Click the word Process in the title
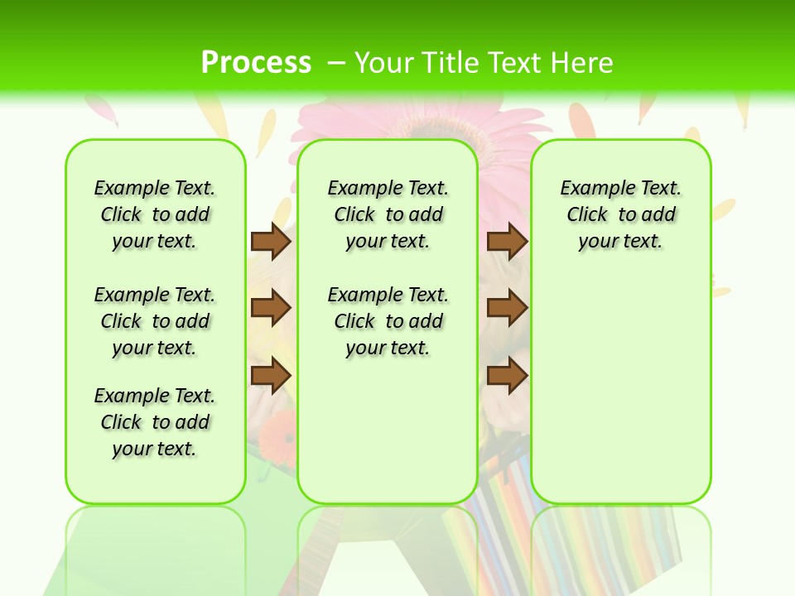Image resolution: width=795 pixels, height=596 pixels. click(256, 62)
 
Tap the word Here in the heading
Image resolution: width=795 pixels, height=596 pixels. click(580, 63)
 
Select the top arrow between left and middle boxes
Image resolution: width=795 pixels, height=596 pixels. click(271, 241)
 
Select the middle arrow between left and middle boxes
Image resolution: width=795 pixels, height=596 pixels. click(271, 308)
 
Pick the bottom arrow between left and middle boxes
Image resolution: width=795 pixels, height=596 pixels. click(271, 376)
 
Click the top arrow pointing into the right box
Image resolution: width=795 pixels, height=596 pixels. click(507, 241)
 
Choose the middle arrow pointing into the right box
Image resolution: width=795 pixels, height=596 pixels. click(507, 308)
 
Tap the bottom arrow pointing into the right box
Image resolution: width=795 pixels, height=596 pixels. click(507, 376)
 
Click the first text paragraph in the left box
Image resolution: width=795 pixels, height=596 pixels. click(155, 214)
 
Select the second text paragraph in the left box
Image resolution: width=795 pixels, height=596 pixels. click(155, 321)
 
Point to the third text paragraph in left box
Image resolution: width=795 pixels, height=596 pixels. click(155, 422)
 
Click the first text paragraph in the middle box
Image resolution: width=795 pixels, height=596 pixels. click(388, 214)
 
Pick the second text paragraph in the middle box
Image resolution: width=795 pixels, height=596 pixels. click(388, 321)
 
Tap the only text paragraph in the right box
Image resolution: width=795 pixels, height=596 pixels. click(620, 214)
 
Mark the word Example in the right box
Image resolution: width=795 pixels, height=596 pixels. click(592, 188)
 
